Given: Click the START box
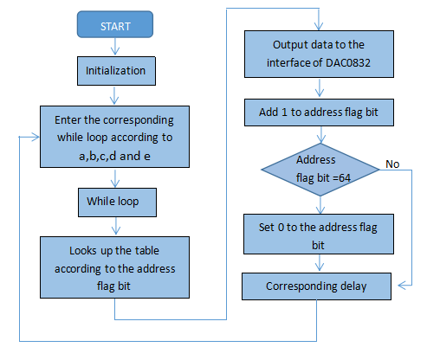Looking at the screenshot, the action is [x=115, y=24].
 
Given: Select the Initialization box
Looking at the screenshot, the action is [x=116, y=71].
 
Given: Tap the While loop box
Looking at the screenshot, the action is [x=117, y=202].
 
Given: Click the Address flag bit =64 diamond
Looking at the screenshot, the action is [x=320, y=170].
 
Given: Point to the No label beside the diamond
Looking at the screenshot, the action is [x=392, y=164].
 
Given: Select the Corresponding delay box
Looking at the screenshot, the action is [x=316, y=286].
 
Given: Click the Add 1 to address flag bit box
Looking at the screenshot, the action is [x=319, y=112].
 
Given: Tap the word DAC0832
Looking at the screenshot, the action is [x=348, y=63].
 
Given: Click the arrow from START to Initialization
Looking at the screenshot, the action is [x=115, y=47].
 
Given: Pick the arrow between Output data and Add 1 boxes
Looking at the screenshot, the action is [x=320, y=87].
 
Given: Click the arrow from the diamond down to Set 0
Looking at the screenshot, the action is [x=320, y=205].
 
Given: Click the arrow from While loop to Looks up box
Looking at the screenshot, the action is [x=116, y=226].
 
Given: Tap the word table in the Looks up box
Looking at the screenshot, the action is [x=147, y=251].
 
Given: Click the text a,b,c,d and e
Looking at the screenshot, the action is [x=114, y=157].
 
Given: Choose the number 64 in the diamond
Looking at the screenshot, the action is [x=345, y=178].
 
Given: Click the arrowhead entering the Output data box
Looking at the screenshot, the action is [x=319, y=27].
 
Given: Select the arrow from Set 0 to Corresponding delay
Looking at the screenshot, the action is [x=320, y=263].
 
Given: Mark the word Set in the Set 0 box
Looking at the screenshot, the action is [x=266, y=228].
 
